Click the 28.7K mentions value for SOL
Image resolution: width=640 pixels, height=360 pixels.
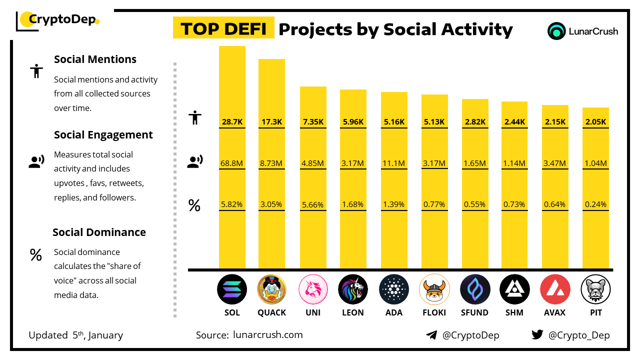(232, 121)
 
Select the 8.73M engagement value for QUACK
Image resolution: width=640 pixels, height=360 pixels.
(271, 163)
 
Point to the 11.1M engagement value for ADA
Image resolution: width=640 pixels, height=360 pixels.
(394, 163)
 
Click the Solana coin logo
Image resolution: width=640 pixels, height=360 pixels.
(232, 289)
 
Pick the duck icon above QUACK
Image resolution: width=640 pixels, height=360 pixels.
(271, 289)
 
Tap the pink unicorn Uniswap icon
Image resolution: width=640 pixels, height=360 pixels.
(313, 289)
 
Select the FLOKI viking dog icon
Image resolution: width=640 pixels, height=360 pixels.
(434, 289)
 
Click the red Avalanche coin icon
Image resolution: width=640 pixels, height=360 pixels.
(555, 289)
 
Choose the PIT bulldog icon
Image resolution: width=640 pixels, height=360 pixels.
(595, 289)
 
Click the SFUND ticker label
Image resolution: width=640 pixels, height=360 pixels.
(474, 312)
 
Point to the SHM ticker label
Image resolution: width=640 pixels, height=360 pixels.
(514, 312)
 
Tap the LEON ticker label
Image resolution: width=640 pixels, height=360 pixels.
(353, 312)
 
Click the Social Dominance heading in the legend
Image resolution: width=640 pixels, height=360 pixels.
(99, 232)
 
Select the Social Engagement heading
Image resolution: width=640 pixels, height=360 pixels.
(103, 134)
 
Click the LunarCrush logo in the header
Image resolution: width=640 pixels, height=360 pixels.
(583, 31)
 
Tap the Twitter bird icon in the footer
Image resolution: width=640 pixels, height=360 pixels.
(537, 334)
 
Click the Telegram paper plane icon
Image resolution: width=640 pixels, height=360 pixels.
(431, 335)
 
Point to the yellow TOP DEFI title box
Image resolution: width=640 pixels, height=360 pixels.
(223, 28)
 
